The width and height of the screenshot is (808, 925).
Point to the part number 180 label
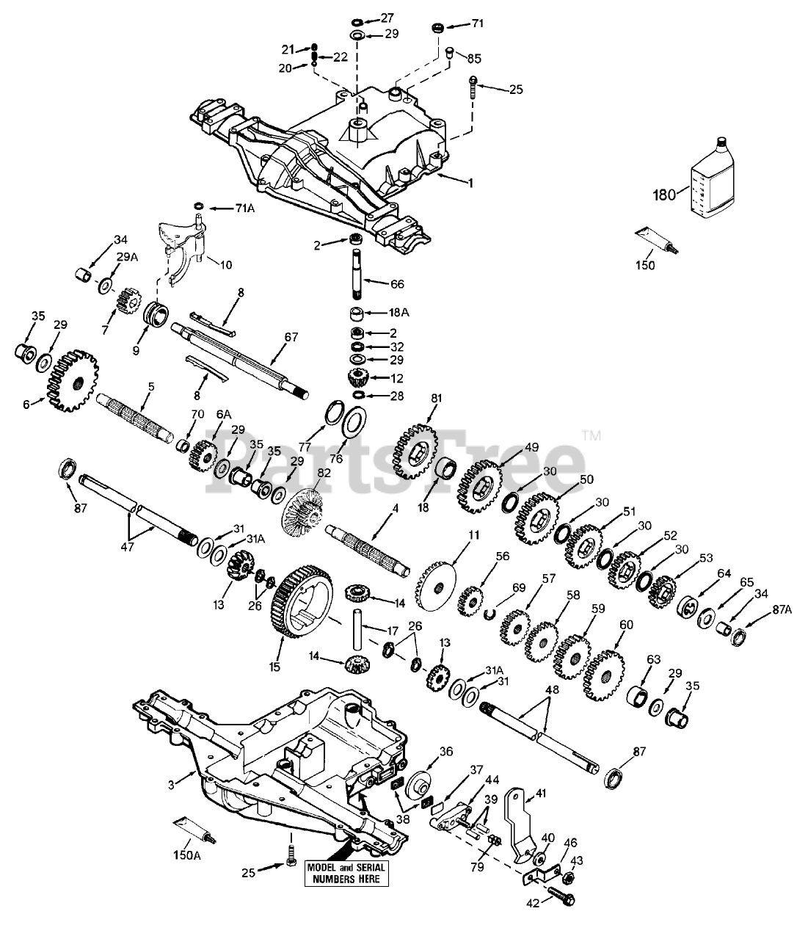[663, 195]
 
